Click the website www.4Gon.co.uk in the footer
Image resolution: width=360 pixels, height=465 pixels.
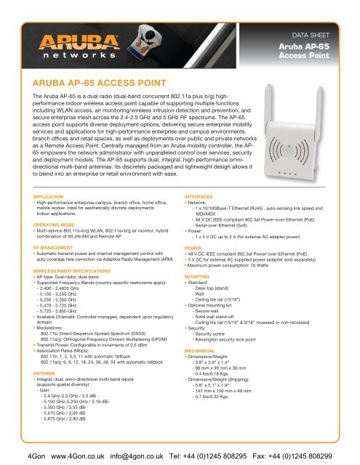tap(62, 450)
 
